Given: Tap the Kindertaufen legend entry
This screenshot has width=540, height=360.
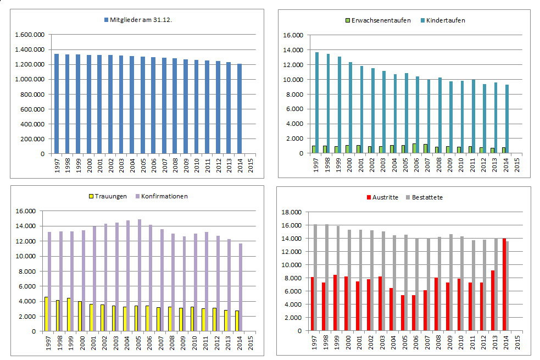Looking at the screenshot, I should point(442,21).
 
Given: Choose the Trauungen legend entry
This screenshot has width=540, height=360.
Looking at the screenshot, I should point(110,196).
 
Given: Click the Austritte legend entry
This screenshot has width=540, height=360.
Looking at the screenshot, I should point(385,197).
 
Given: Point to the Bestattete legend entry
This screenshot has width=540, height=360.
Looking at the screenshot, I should point(427,197).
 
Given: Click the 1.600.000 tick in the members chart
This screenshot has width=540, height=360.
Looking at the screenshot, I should point(31,35).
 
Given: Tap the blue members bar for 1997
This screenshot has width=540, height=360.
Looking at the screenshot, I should point(57,104).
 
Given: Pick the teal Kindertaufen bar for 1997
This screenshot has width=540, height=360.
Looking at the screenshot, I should point(317,103).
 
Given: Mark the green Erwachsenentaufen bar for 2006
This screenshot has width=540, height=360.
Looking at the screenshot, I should point(414,148).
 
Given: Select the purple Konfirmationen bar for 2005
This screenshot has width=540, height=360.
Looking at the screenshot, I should point(140,275).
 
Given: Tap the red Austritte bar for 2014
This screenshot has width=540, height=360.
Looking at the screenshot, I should point(504,285).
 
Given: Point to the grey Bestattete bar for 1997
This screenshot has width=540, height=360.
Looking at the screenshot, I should point(315,278).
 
